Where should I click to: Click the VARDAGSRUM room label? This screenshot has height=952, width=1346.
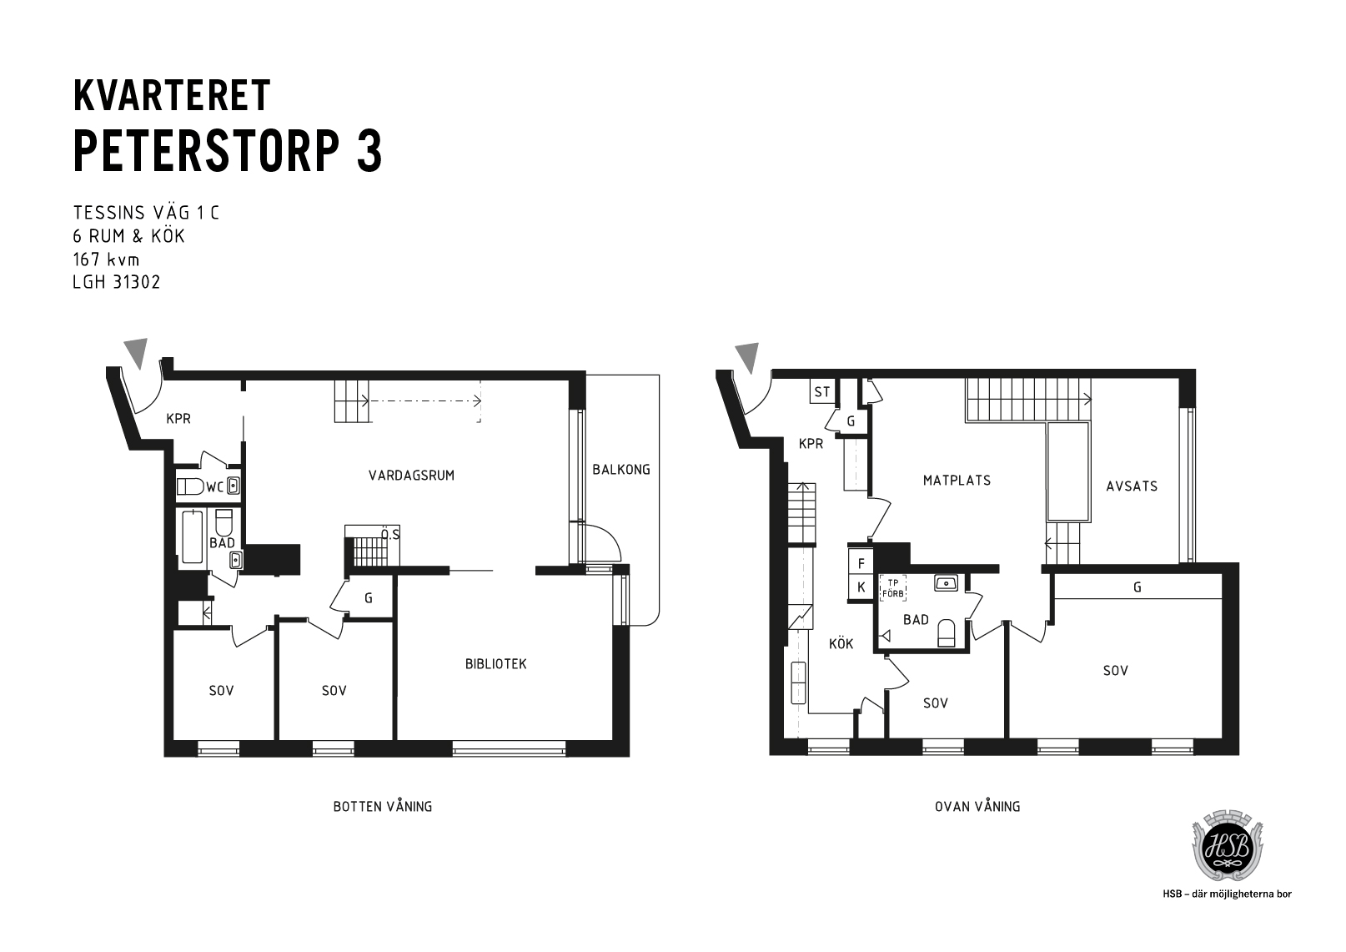click(x=411, y=476)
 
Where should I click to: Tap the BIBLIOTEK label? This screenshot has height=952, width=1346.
click(x=495, y=664)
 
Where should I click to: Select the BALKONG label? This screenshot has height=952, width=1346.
click(x=621, y=470)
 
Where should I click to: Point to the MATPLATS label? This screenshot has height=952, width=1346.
click(x=957, y=481)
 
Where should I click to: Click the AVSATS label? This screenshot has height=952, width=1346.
click(x=1132, y=486)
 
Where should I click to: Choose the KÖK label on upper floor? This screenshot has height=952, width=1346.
click(x=841, y=644)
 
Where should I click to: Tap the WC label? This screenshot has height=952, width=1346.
click(x=215, y=486)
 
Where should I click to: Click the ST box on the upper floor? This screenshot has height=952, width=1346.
click(x=822, y=392)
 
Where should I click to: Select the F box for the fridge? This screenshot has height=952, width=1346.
click(x=861, y=564)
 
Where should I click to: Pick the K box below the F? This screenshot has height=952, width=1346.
click(x=861, y=587)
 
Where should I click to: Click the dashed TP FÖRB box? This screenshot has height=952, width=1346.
click(x=893, y=588)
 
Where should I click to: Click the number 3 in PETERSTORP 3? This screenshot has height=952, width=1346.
click(x=369, y=151)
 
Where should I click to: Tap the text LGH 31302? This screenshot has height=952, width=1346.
click(x=117, y=283)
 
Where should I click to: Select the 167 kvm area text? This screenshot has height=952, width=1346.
click(x=107, y=259)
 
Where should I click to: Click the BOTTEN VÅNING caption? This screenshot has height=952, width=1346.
click(x=383, y=807)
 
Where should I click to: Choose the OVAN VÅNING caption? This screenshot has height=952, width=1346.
click(x=977, y=807)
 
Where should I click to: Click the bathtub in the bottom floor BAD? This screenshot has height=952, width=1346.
click(x=193, y=536)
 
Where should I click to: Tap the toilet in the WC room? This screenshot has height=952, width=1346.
click(x=191, y=486)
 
